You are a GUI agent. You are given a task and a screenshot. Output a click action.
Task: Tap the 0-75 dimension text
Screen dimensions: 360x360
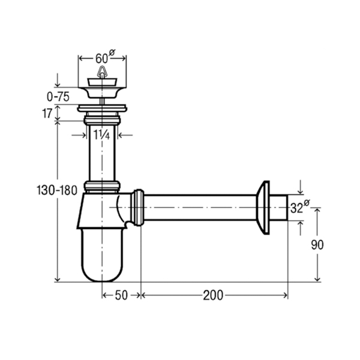point(58,97)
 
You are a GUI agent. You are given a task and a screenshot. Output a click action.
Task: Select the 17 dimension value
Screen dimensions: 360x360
point(47,113)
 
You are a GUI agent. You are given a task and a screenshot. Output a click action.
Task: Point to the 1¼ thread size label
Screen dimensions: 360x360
point(102,135)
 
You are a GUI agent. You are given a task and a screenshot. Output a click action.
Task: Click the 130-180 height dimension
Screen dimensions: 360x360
point(57,191)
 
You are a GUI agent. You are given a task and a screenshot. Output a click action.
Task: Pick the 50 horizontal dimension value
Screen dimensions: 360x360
point(121,295)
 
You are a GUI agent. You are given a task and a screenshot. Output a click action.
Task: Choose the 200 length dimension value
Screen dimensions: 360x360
point(213,295)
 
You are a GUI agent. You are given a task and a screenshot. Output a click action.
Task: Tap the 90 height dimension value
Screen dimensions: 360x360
point(317,245)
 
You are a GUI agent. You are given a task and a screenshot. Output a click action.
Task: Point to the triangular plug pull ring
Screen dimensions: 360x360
point(102,71)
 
